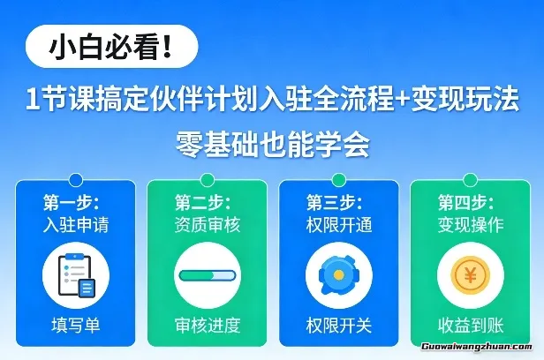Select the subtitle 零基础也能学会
coord(272,142)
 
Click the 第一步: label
coord(71,201)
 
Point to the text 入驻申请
coord(76,224)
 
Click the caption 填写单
coord(76,325)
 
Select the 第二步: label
coord(202,201)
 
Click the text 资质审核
coord(208,224)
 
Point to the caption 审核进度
coord(208,325)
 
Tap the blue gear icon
coord(338,275)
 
